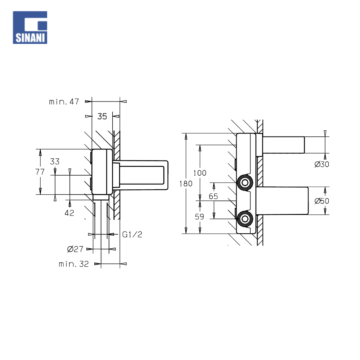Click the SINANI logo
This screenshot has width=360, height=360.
tap(30, 28)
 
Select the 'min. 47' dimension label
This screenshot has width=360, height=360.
tap(64, 102)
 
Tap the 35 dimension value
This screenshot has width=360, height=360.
tap(102, 116)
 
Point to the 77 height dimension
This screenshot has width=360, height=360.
tap(40, 172)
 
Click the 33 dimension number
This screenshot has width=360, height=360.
tap(55, 162)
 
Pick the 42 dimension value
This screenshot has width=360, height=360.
tap(69, 213)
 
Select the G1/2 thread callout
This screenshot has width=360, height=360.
tap(132, 234)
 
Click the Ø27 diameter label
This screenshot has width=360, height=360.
tap(75, 249)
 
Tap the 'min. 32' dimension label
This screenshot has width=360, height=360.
tap(74, 264)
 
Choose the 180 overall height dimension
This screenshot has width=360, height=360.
tap(186, 184)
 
